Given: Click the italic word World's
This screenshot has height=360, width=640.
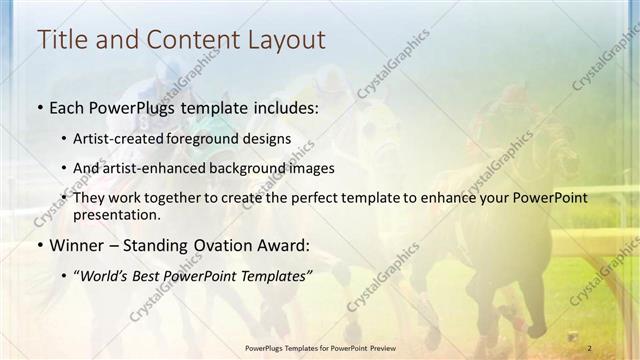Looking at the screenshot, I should [x=106, y=275].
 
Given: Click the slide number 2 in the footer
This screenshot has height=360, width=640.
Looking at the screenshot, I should [x=590, y=347].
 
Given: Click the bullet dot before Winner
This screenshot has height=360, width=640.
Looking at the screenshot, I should [x=39, y=246].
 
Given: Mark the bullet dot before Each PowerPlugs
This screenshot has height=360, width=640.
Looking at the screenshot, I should [x=39, y=107].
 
